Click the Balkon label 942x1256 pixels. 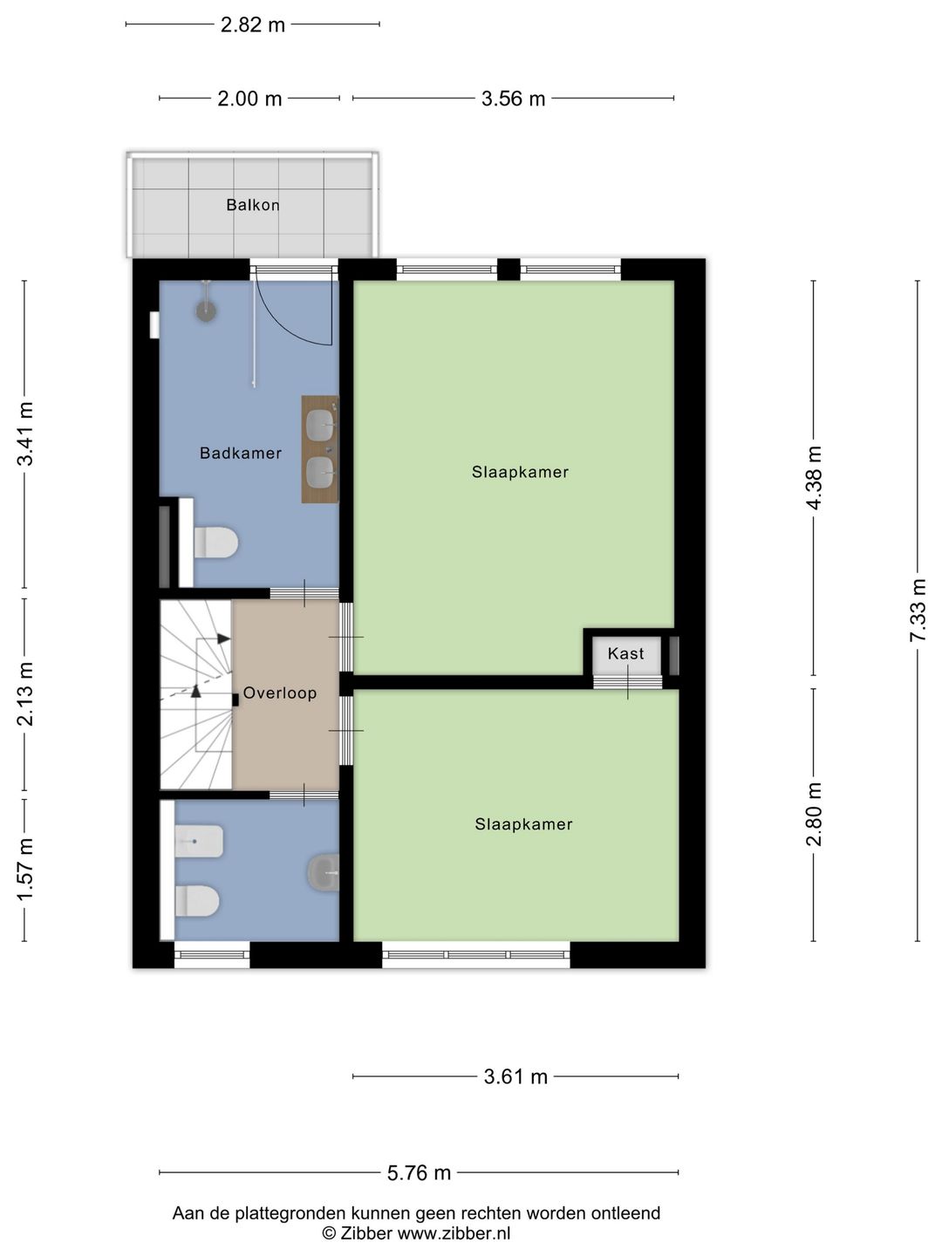253,205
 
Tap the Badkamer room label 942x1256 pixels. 241,454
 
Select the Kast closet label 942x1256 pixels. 625,653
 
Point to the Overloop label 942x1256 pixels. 280,693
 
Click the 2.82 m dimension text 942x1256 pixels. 253,25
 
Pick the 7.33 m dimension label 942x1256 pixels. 918,611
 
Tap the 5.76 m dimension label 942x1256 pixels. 420,1173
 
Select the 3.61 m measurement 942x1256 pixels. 515,1077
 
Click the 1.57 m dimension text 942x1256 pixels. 25,870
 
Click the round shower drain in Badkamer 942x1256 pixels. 206,311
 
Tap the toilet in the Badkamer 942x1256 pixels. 215,543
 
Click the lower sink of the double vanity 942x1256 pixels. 320,473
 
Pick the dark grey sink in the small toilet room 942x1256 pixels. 324,872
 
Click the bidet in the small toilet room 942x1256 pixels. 199,841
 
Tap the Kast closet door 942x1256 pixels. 627,682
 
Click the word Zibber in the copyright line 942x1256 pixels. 366,1232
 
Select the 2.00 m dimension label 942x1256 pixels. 249,99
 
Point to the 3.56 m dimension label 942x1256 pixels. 513,99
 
